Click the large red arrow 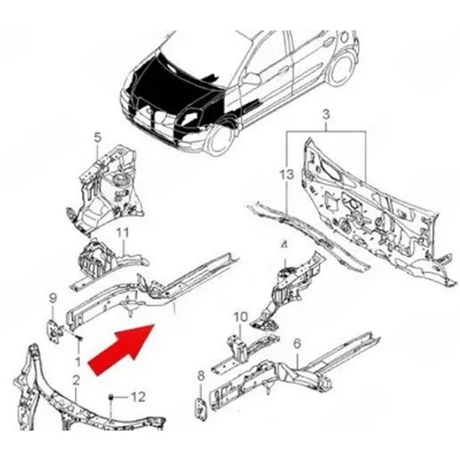pos(122,350)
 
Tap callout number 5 pos(97,137)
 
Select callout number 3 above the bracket pos(326,114)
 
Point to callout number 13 pos(286,175)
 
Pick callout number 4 pos(284,246)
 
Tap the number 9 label pos(53,299)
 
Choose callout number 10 pos(241,317)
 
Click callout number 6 pos(297,343)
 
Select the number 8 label pos(201,376)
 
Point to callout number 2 pos(76,381)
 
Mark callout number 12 pos(138,397)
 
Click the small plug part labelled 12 pos(111,397)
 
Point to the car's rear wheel pos(342,69)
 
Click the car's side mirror pos(252,78)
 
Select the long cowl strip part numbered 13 pos(308,236)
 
